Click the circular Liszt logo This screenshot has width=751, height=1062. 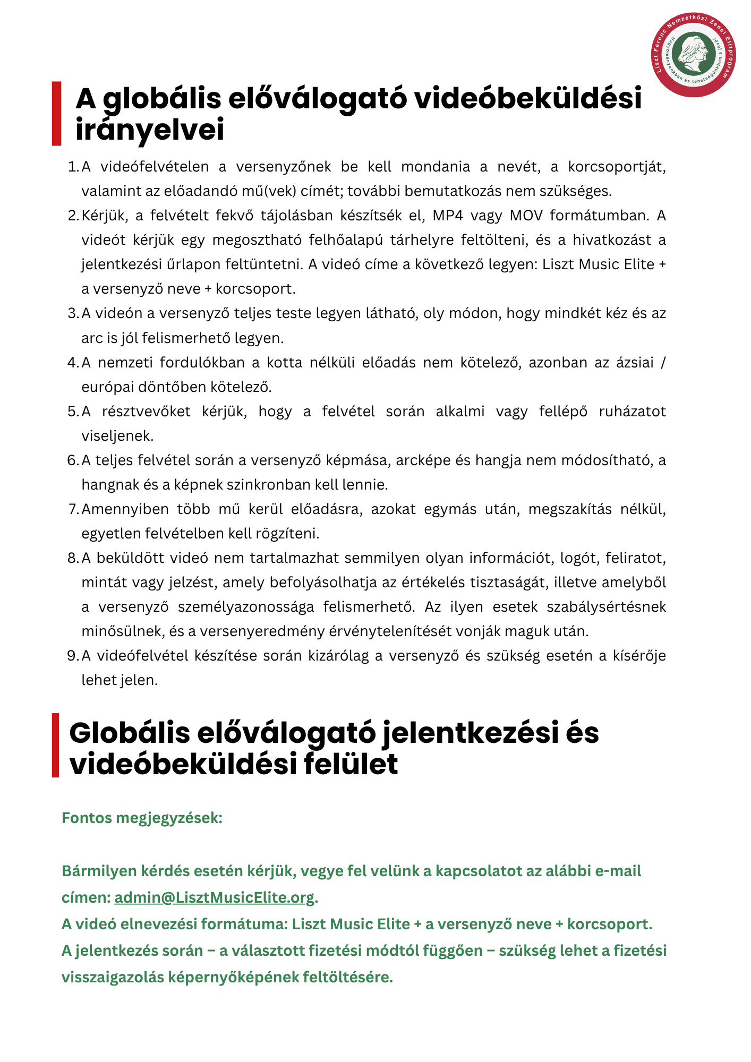tap(694, 55)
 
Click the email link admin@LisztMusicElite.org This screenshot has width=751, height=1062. tap(215, 897)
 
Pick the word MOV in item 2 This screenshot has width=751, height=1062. tap(526, 216)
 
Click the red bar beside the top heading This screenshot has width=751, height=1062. tap(56, 113)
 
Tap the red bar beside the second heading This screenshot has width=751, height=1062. tap(55, 745)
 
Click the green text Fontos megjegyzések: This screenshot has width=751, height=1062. tap(142, 818)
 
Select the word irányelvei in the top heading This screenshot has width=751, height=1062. tap(150, 130)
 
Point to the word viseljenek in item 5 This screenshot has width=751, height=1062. tap(117, 436)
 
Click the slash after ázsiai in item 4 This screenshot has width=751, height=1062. tap(662, 363)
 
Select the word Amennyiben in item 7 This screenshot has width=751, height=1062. tap(125, 509)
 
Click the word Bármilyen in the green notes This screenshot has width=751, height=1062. tap(99, 871)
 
